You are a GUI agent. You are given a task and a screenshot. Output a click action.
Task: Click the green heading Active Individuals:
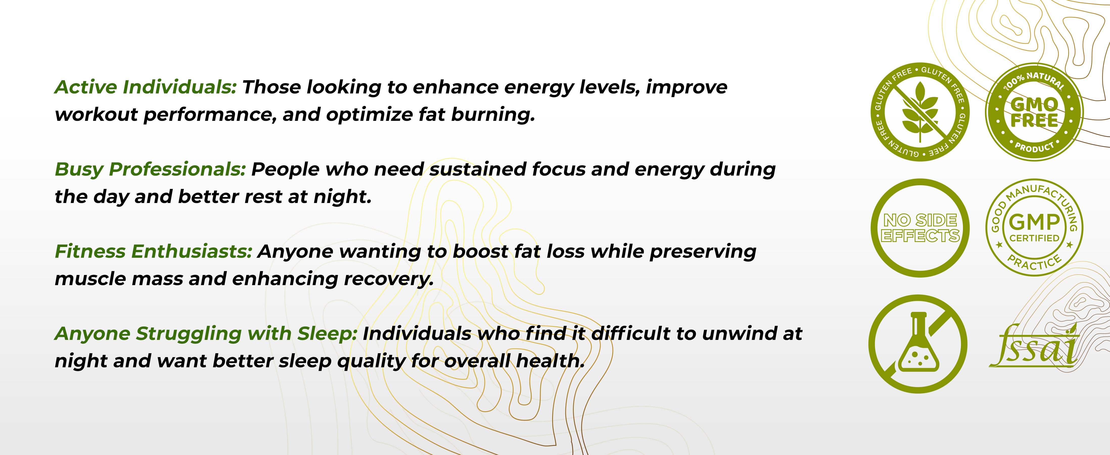[x=146, y=87]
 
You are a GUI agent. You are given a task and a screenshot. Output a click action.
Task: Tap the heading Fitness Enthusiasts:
[x=153, y=252]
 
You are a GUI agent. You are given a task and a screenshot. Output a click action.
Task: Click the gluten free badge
[x=920, y=112]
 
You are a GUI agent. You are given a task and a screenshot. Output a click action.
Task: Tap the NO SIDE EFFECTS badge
[x=920, y=228]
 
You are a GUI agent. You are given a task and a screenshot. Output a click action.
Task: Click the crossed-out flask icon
[x=918, y=344]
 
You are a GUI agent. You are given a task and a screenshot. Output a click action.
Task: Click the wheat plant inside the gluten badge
[x=920, y=112]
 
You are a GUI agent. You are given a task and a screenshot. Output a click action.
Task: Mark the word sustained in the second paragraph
[x=477, y=169]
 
